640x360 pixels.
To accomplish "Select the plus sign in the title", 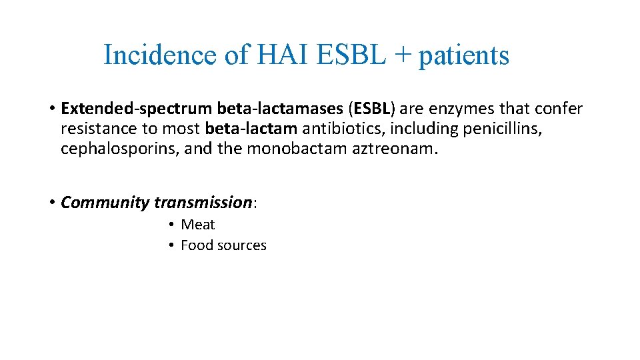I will point(400,56).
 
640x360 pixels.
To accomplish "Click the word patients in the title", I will point(464,56).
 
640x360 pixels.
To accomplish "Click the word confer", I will point(559,109).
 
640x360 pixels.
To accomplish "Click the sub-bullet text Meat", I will point(198,225).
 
